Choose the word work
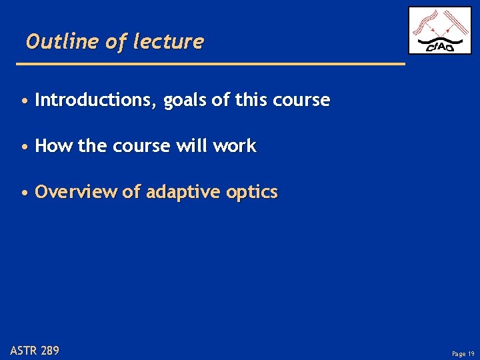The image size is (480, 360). pos(234,147)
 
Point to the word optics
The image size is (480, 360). pos(252,193)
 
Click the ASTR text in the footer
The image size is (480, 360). pos(24,350)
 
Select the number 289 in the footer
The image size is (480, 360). pos(50,350)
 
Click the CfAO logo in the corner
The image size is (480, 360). pos(439,31)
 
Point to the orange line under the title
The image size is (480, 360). pos(210,63)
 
